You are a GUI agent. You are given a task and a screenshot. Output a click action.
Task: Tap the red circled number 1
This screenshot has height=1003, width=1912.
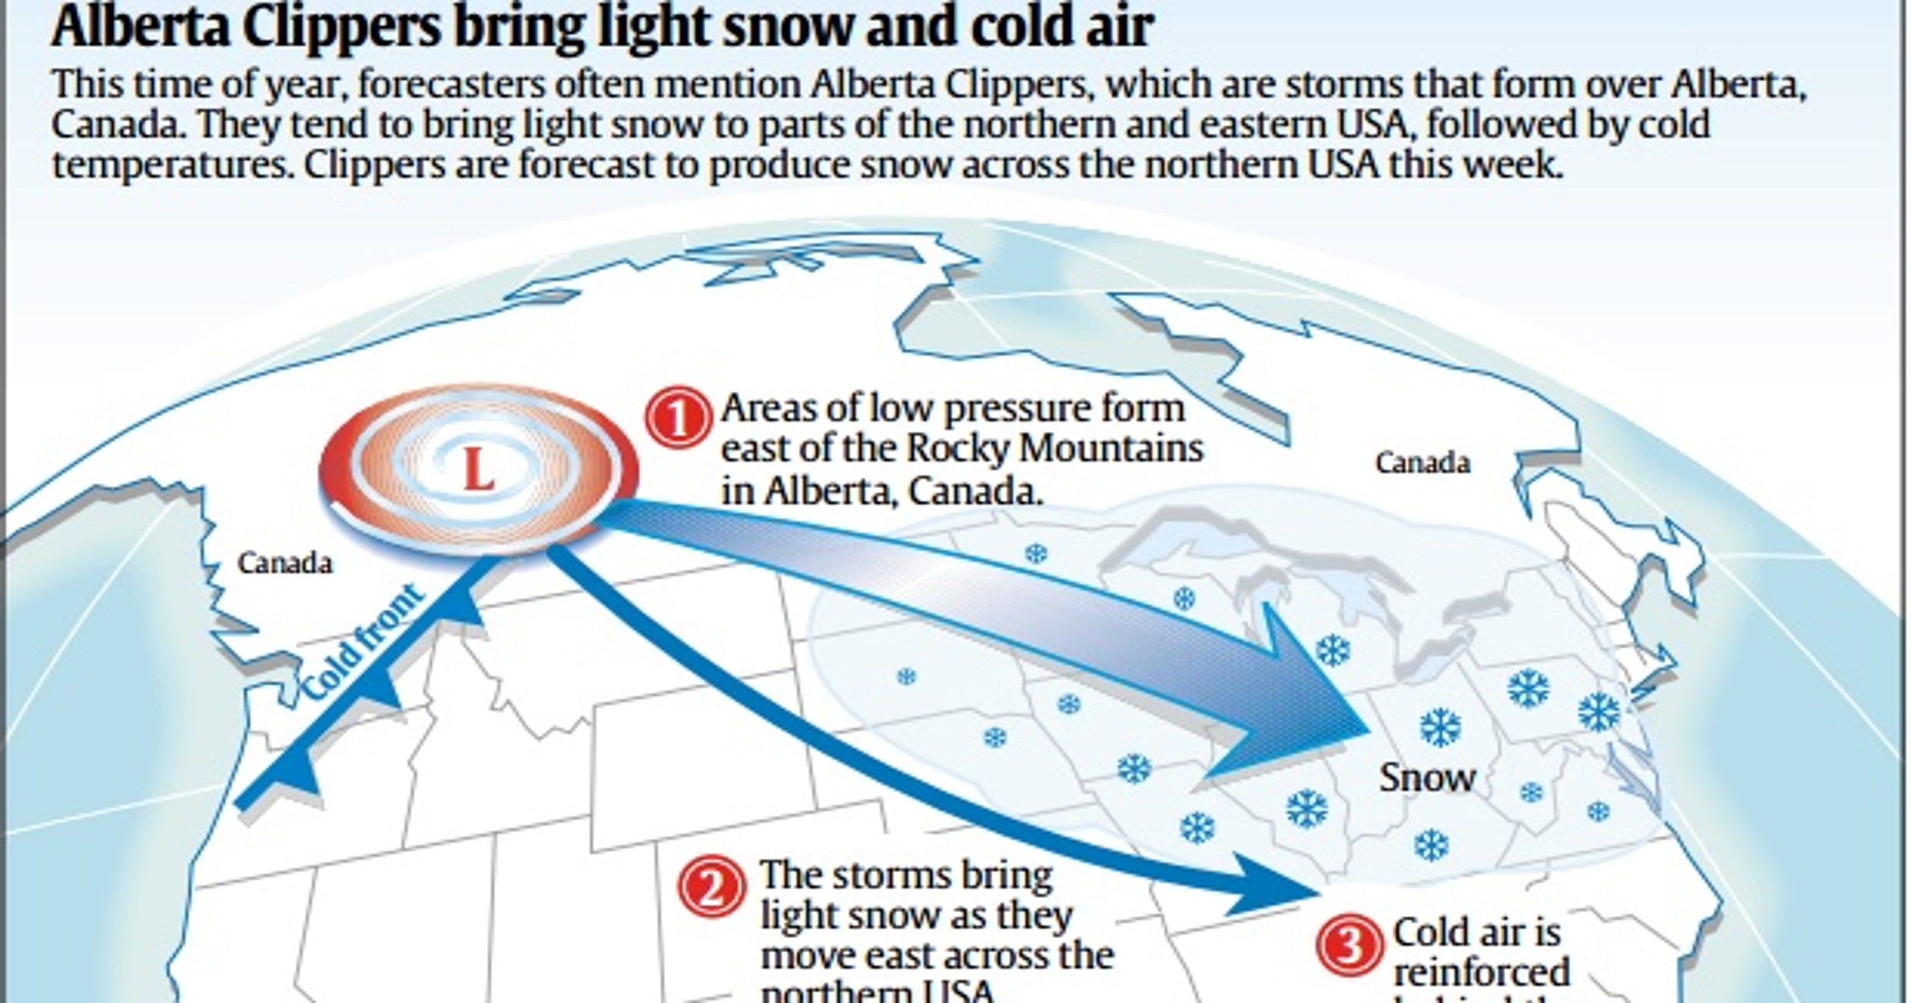pyautogui.click(x=677, y=420)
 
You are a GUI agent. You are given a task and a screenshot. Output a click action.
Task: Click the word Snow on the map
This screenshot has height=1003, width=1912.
pyautogui.click(x=1427, y=777)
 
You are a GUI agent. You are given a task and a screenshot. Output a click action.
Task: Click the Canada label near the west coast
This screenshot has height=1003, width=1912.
pyautogui.click(x=285, y=564)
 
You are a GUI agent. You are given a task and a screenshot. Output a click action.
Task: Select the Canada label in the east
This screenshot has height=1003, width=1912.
pyautogui.click(x=1422, y=464)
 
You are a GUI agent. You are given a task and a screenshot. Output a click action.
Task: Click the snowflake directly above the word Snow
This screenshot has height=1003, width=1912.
pyautogui.click(x=1440, y=727)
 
